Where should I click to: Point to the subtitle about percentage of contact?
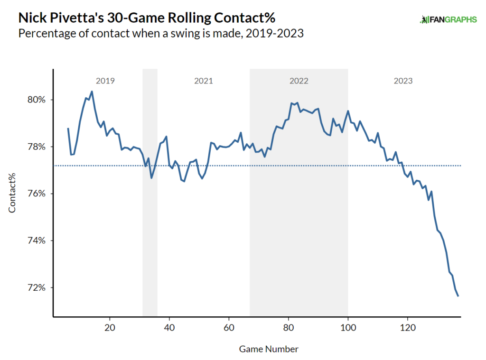pos(160,34)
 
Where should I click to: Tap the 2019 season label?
pos(105,81)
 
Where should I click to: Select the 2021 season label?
pos(204,81)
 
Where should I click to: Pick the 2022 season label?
pos(299,81)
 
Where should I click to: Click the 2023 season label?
pos(403,81)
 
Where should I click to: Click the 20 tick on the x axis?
pos(110,327)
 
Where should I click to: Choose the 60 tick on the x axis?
pos(229,327)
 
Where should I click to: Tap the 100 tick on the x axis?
pos(348,327)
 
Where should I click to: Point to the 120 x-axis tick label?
pos(407,327)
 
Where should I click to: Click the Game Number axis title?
pos(269,349)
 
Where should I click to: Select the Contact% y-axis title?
pos(13,194)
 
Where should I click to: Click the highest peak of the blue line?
pos(92,92)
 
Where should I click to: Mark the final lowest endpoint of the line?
pos(458,296)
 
